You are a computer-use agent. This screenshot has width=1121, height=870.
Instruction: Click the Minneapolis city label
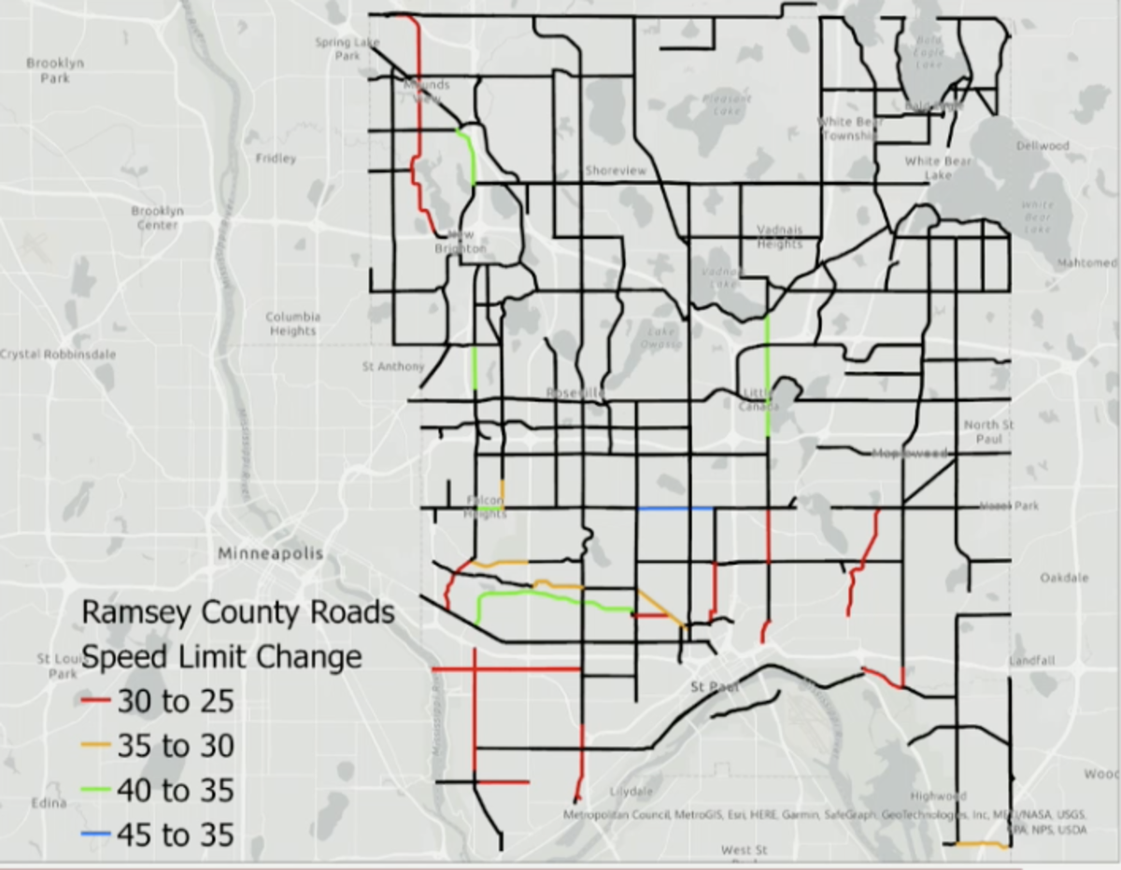(270, 554)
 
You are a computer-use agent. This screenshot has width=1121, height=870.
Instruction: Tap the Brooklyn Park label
(55, 71)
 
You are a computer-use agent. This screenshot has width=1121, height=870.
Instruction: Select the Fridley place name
(276, 159)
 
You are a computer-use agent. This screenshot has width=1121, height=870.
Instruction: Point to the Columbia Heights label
(292, 324)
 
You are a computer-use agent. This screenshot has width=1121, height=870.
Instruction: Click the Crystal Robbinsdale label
(58, 355)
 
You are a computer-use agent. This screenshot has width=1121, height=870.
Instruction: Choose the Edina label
(48, 803)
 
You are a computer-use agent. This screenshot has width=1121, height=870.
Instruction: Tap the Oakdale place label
(1064, 578)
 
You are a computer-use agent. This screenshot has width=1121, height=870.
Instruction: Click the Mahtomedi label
(1087, 263)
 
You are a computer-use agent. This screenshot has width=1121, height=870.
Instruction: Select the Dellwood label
(1043, 147)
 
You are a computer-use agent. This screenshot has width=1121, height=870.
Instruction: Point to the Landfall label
(1031, 661)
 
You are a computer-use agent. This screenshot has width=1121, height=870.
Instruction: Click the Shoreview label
(616, 171)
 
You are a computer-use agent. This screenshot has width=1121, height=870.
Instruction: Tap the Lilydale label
(631, 792)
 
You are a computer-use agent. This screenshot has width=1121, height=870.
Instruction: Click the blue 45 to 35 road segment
(675, 509)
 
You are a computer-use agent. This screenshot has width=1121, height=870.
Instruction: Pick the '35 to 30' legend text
(175, 746)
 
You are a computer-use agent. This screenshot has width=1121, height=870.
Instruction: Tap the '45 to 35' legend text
(175, 835)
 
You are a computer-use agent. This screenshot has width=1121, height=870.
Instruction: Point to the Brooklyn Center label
(157, 217)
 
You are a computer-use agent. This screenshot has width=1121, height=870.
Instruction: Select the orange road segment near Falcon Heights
(503, 491)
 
